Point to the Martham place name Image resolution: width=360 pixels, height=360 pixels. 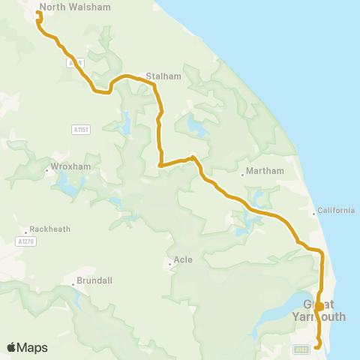[266, 171]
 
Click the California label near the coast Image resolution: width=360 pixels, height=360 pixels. [336, 211]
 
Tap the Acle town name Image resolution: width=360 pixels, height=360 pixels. [183, 260]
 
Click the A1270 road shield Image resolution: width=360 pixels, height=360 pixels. [25, 241]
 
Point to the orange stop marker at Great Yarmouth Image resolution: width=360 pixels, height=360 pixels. [319, 306]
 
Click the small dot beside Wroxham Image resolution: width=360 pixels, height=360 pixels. [46, 170]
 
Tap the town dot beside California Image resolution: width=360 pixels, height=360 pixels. [313, 214]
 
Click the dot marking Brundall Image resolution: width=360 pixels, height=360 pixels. [73, 284]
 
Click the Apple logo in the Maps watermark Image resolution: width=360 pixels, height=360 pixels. [11, 347]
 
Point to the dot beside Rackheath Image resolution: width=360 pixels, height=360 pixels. [26, 232]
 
